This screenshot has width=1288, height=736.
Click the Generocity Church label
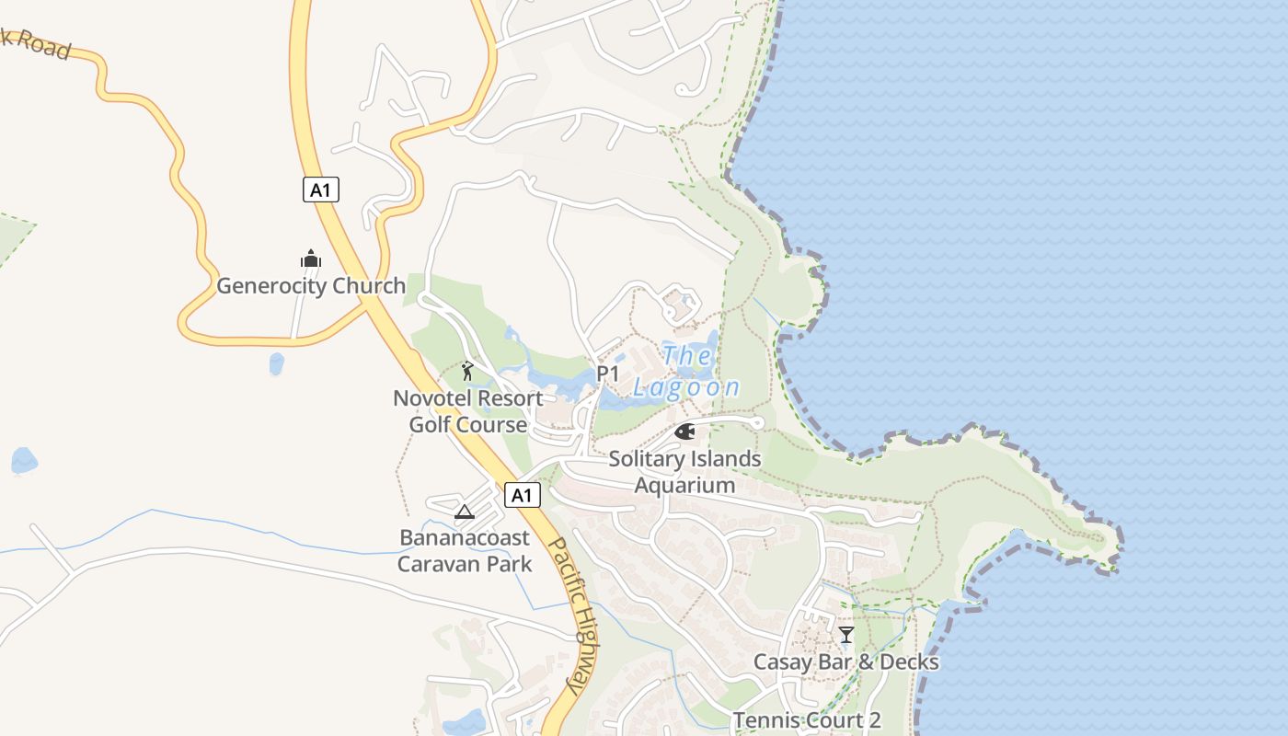(x=311, y=286)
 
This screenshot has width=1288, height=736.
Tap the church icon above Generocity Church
(x=311, y=259)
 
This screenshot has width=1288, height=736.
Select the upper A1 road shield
(x=320, y=190)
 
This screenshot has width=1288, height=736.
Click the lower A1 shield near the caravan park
(x=522, y=496)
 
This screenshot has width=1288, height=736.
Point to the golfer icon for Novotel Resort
(x=467, y=372)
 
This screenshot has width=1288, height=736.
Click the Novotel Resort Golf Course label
(x=468, y=411)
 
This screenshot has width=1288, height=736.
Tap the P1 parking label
(x=608, y=374)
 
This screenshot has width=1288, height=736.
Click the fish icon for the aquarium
(x=684, y=431)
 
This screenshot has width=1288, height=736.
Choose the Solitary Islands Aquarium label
(x=684, y=472)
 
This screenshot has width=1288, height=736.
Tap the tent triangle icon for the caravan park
(x=464, y=512)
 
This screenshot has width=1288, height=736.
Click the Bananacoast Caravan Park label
(x=465, y=550)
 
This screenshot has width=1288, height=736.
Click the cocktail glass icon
(x=846, y=635)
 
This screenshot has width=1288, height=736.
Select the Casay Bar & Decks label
(x=845, y=662)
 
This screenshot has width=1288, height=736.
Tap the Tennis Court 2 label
(x=807, y=720)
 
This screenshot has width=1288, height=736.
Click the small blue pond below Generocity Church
(x=276, y=363)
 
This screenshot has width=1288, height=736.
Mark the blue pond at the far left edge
(x=24, y=460)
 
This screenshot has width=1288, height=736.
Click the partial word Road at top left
(x=42, y=44)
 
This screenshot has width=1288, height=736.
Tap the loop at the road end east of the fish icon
(x=756, y=423)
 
